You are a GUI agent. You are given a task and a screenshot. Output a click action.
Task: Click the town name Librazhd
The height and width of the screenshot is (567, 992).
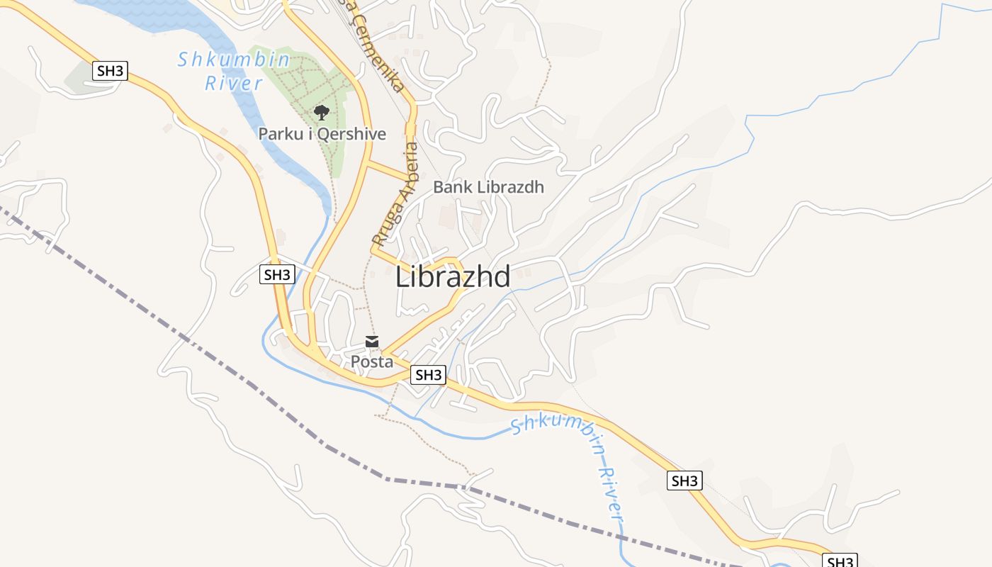pyautogui.click(x=452, y=277)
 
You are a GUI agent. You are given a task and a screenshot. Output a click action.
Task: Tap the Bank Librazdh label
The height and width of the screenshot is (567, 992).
pyautogui.click(x=488, y=187)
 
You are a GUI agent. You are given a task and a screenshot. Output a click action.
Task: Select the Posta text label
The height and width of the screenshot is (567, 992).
pyautogui.click(x=372, y=361)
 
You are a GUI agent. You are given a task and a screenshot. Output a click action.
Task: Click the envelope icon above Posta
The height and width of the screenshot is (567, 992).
pyautogui.click(x=372, y=342)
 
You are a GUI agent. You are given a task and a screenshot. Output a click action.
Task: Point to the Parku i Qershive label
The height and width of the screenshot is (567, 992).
pyautogui.click(x=322, y=133)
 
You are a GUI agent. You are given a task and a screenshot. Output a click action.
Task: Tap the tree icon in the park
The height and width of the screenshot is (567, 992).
pyautogui.click(x=321, y=112)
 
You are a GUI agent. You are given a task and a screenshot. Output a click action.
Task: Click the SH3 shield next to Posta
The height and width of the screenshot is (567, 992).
pyautogui.click(x=428, y=375)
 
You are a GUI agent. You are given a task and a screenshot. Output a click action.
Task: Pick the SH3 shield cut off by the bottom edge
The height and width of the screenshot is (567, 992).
pyautogui.click(x=840, y=561)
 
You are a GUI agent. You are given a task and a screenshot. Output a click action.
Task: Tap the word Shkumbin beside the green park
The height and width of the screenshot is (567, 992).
pyautogui.click(x=234, y=60)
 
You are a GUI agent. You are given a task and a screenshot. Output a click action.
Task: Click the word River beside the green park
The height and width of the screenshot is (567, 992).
pyautogui.click(x=234, y=83)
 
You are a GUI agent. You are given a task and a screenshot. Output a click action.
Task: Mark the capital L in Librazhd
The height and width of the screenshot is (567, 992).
pyautogui.click(x=402, y=277)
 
